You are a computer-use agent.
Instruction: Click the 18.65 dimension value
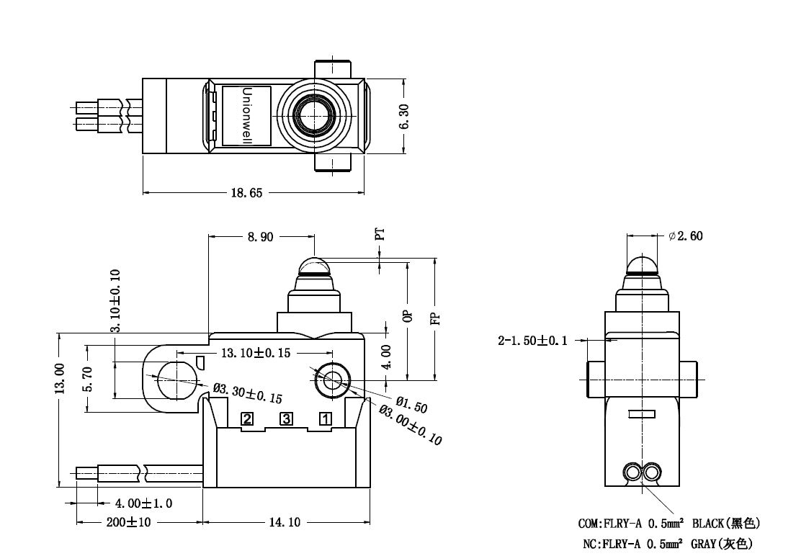point(246,192)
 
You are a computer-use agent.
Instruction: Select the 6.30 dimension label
point(404,117)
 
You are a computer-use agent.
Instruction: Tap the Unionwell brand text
point(247,116)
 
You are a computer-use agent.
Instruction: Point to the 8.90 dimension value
point(261,237)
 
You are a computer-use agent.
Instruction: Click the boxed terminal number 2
point(247,419)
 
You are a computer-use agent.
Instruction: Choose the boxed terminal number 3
point(287,419)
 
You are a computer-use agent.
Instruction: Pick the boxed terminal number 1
point(326,419)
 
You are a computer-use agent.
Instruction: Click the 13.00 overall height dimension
point(60,379)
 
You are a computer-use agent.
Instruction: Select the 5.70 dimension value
point(88,380)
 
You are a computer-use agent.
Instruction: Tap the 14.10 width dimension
point(285,522)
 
